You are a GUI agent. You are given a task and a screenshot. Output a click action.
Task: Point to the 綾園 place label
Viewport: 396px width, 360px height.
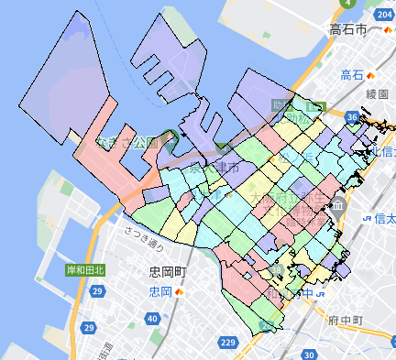[352, 93]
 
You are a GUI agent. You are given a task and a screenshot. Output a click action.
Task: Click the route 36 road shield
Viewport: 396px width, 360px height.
[352, 116]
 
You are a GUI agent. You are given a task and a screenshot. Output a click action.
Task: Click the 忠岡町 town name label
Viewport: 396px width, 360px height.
[168, 273]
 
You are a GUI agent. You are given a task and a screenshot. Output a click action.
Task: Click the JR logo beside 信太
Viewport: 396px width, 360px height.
[367, 218]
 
